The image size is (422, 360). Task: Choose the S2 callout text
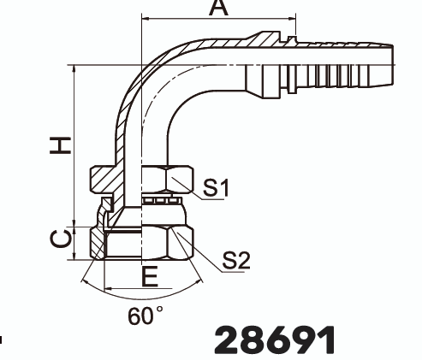(236, 261)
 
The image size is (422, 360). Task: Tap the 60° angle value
(146, 316)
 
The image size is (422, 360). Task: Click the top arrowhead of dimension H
(76, 69)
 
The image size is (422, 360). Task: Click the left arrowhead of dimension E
(106, 286)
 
